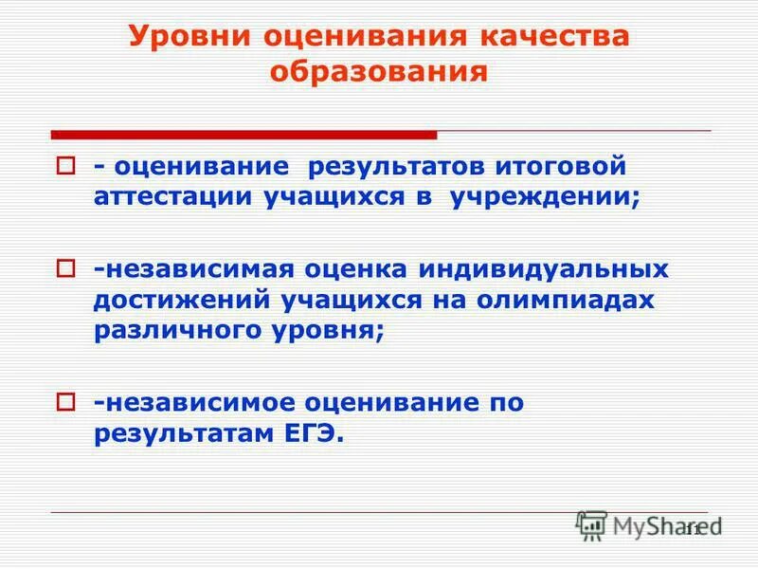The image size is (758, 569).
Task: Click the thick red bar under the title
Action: (x=244, y=135)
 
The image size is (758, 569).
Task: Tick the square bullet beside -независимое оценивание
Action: (x=64, y=403)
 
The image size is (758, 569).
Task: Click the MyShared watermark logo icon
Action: (x=591, y=524)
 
